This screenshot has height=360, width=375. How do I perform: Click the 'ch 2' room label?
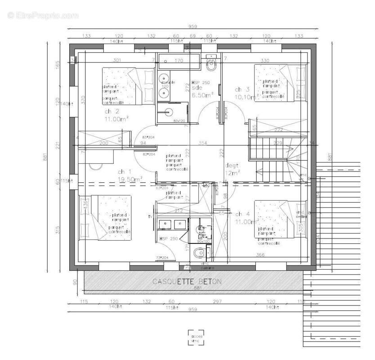tap(112, 111)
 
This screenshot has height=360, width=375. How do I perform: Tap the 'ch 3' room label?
tap(242, 89)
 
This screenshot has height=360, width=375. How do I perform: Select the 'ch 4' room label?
tap(242, 214)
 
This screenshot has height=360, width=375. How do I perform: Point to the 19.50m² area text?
tap(130, 179)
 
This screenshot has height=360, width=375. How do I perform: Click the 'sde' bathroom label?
tap(197, 88)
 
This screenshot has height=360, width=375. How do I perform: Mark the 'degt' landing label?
tap(232, 165)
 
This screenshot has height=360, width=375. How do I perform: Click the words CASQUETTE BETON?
tap(187, 282)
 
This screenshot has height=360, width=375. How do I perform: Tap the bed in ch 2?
tap(128, 85)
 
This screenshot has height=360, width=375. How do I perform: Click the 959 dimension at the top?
tap(192, 26)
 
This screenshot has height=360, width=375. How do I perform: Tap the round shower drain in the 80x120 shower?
tap(170, 112)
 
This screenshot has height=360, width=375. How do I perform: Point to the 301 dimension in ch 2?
tap(117, 60)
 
